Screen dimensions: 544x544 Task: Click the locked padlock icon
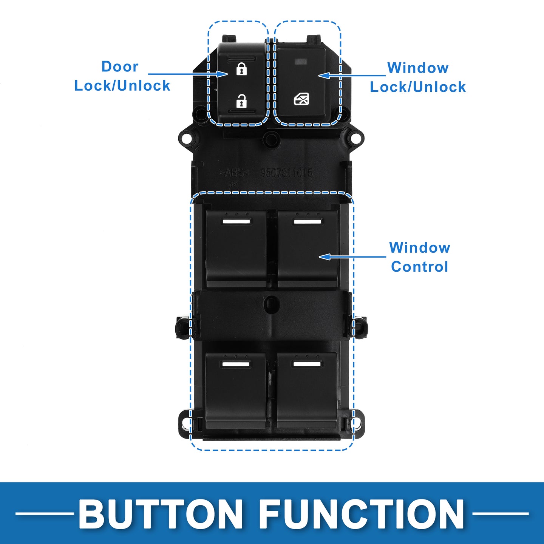coord(241,69)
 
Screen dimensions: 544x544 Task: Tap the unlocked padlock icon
coord(241,101)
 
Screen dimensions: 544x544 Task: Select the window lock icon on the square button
coord(301,99)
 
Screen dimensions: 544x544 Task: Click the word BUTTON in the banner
coord(161,514)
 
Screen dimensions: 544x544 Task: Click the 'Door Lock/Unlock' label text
coord(122,76)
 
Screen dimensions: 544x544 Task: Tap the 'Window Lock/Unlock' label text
coord(417,77)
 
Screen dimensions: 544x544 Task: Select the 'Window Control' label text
coord(420,257)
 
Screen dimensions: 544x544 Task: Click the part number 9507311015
coord(287,173)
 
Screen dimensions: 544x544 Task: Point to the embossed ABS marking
coord(234,173)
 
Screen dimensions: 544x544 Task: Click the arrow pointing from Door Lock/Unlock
coord(187,74)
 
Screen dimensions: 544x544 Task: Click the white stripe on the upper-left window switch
coord(237,221)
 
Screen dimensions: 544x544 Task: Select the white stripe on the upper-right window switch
coord(308,221)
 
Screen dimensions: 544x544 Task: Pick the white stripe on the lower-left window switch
coord(236,364)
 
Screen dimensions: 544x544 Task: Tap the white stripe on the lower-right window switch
coord(307,364)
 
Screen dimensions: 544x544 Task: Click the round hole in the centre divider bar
coord(272,303)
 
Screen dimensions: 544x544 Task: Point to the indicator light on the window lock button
coord(301,60)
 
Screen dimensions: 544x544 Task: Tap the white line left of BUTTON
coord(45,513)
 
